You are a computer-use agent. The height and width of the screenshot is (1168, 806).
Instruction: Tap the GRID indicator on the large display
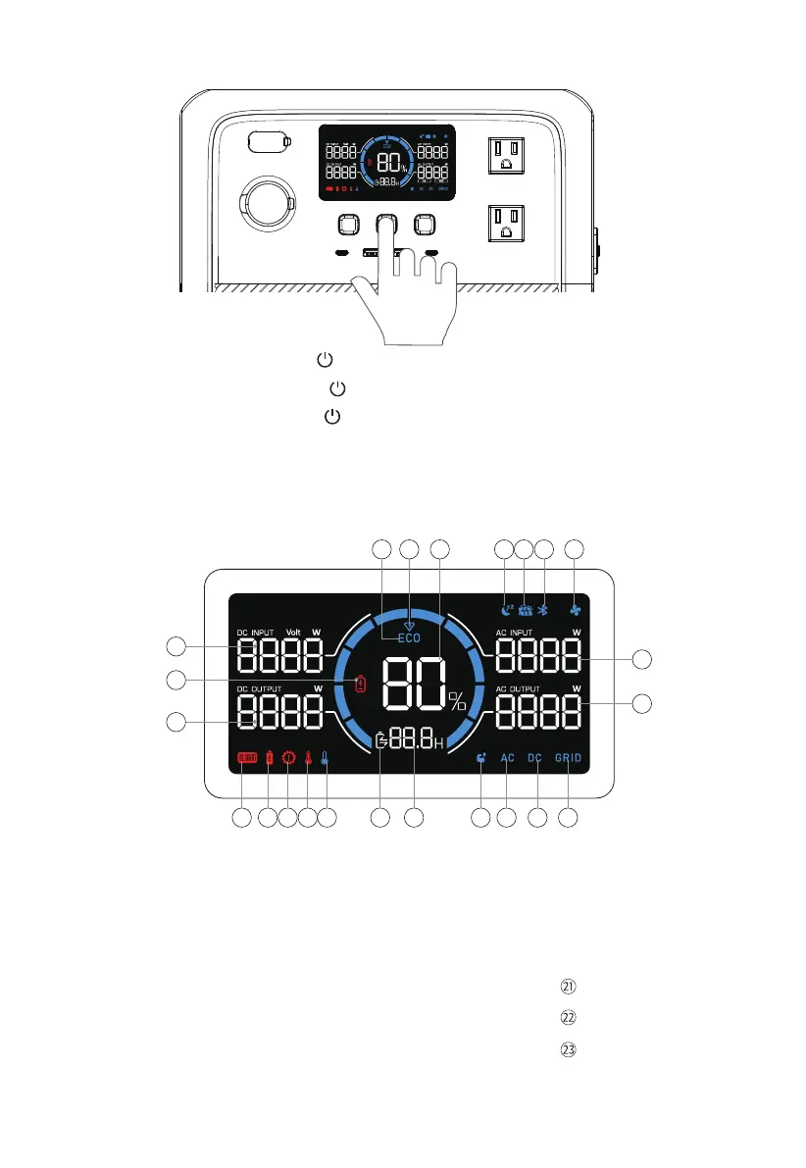point(569,758)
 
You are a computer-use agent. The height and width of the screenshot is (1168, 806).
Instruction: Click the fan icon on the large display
point(577,608)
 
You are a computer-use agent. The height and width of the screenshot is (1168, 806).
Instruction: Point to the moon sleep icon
point(505,608)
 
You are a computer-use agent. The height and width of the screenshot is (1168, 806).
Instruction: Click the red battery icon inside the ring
point(360,683)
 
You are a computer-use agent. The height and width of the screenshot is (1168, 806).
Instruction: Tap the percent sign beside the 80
point(458,701)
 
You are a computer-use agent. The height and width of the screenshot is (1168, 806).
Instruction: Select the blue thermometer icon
point(325,758)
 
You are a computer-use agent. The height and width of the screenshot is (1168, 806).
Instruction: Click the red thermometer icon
point(307,758)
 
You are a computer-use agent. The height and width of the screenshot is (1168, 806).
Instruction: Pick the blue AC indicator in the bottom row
point(507,758)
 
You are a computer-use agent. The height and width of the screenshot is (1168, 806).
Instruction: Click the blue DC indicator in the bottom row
point(535,758)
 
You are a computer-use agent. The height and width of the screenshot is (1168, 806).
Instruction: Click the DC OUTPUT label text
point(258,688)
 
